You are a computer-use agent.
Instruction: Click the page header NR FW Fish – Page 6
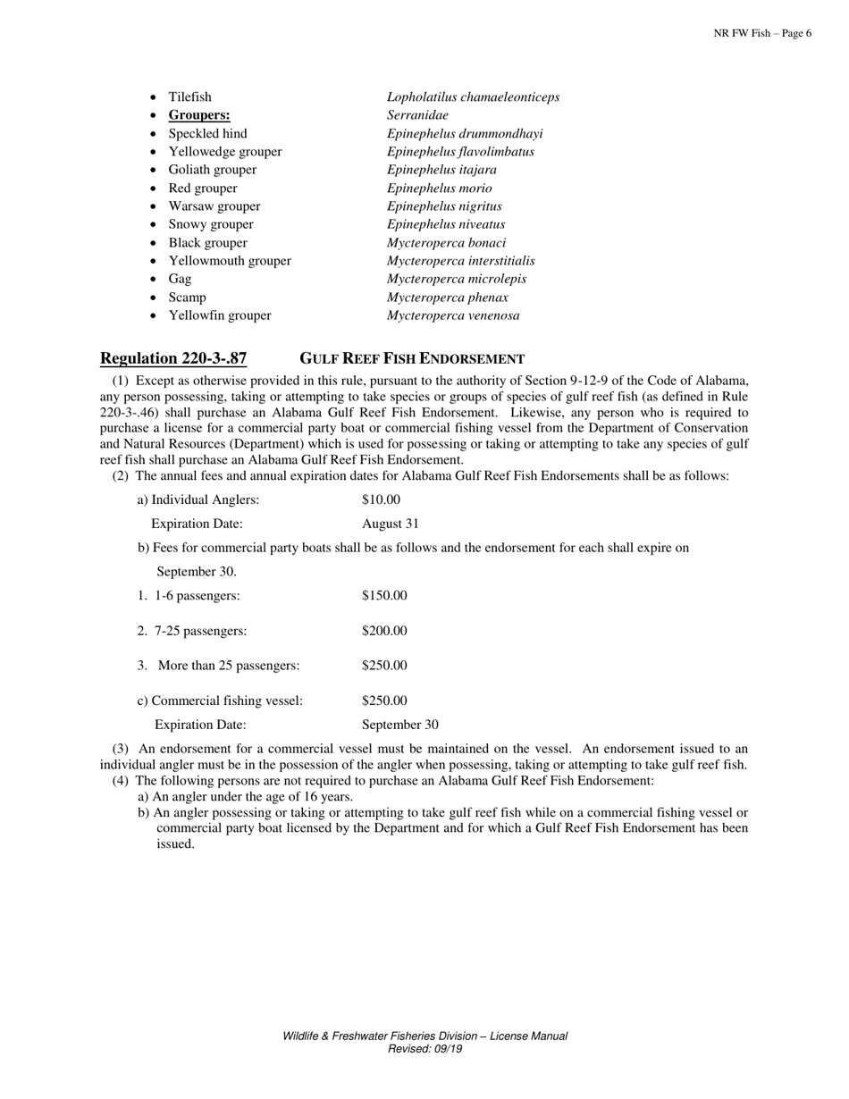[762, 33]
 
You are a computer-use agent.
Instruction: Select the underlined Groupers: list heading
[198, 115]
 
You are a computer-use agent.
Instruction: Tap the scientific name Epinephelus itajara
[441, 170]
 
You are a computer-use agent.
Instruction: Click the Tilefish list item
[189, 96]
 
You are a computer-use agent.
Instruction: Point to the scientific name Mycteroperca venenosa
[452, 315]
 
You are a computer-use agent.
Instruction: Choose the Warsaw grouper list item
[214, 206]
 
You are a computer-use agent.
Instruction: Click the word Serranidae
[417, 115]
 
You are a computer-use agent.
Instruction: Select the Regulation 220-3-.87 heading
[173, 359]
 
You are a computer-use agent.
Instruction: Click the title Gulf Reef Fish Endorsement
[411, 359]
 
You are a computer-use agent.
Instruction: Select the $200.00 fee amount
[384, 631]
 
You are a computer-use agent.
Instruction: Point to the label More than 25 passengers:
[228, 666]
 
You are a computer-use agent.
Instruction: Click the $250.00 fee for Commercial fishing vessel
[384, 701]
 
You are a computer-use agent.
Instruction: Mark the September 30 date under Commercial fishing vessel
[399, 725]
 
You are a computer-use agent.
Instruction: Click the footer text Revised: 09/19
[424, 1049]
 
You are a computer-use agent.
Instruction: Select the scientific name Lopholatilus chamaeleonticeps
[473, 96]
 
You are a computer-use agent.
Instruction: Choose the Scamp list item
[187, 298]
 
